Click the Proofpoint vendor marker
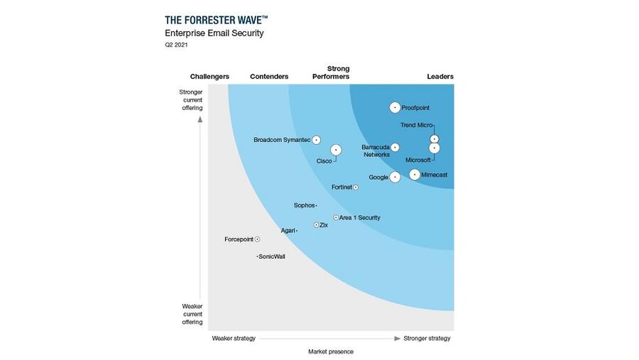click(x=395, y=108)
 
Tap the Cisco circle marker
click(x=336, y=150)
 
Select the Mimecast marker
click(x=415, y=175)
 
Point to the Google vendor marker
click(x=395, y=177)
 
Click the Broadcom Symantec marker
click(x=317, y=140)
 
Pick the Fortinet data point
click(x=356, y=187)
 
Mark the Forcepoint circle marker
click(x=257, y=239)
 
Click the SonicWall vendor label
click(x=272, y=256)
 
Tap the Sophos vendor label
click(x=304, y=206)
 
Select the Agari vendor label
click(x=288, y=231)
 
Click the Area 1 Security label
click(x=360, y=217)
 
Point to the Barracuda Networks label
click(x=376, y=151)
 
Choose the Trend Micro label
click(x=416, y=125)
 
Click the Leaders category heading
click(x=440, y=77)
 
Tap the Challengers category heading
click(x=209, y=77)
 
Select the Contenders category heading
click(x=269, y=77)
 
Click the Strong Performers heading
click(x=331, y=72)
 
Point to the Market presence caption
click(x=330, y=351)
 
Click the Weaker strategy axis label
click(x=234, y=338)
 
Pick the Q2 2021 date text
click(x=177, y=45)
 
